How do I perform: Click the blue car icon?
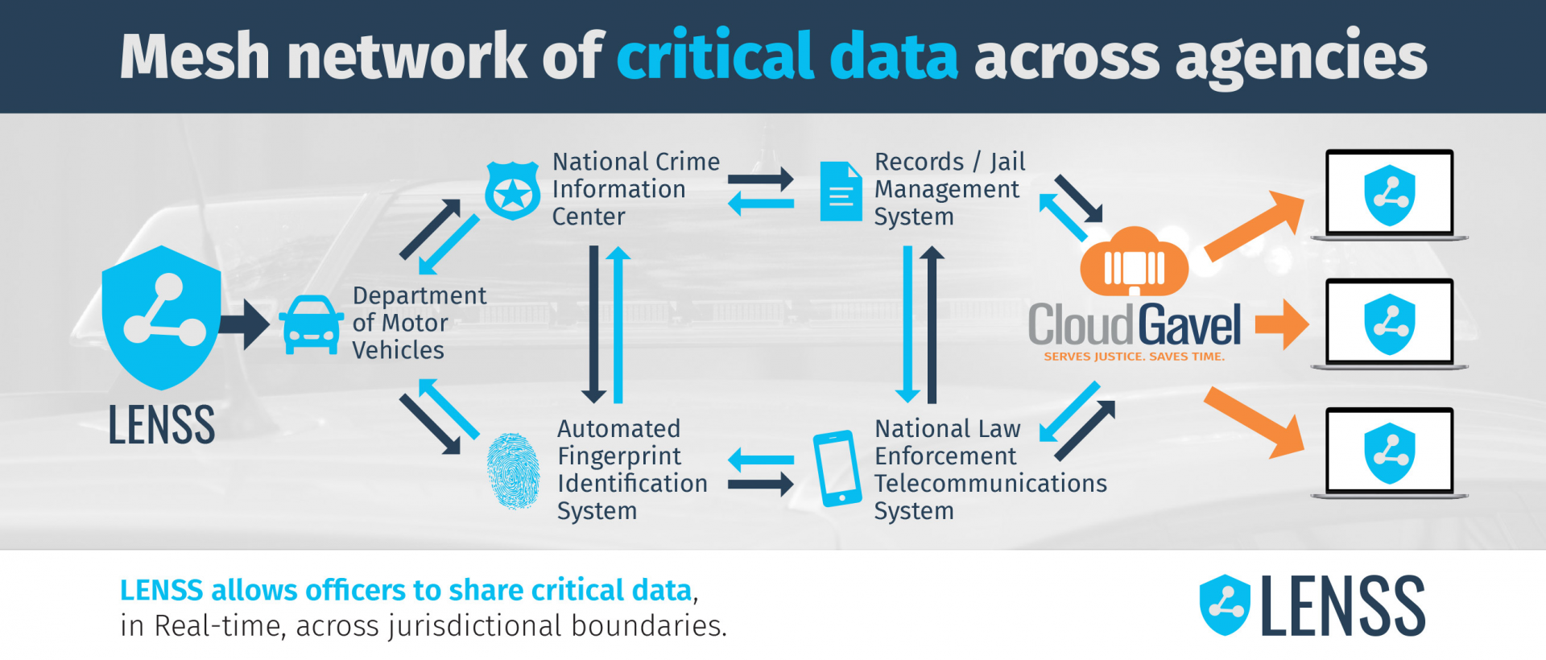311,325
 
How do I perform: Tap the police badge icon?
512,192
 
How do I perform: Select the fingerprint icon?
513,472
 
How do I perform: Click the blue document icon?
841,192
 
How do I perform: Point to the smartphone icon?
837,468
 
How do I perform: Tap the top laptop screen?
1389,193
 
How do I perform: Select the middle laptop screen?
1389,323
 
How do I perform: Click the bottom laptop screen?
1389,452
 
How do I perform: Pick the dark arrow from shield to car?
245,325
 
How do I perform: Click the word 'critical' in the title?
715,56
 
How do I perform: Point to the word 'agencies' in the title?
1300,58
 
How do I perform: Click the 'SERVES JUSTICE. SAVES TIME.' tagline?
1134,357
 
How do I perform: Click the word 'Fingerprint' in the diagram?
619,456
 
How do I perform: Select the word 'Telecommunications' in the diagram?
990,484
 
